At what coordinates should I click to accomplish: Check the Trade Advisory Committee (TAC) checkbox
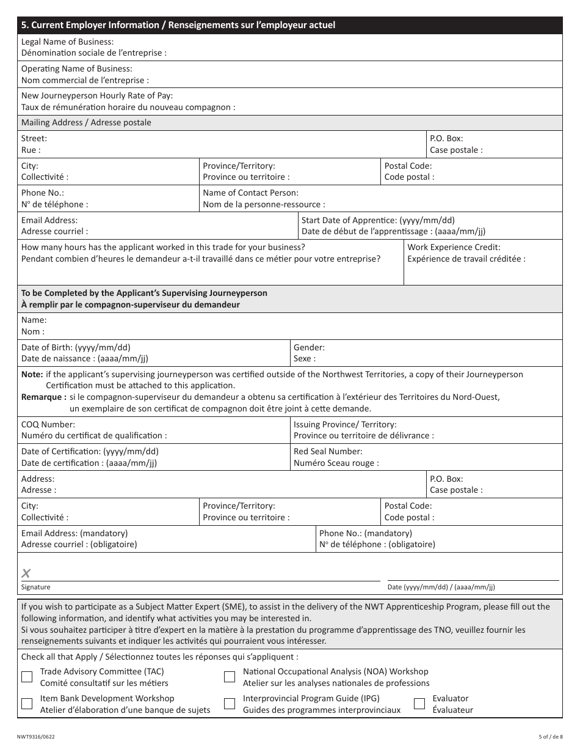pyautogui.click(x=27, y=677)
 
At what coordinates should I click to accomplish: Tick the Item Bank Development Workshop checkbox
pyautogui.click(x=27, y=704)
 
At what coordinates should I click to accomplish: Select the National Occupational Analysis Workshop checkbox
pyautogui.click(x=230, y=677)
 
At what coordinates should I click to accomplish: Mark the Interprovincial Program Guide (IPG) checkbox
pyautogui.click(x=230, y=704)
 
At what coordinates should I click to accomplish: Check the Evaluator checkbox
pyautogui.click(x=419, y=704)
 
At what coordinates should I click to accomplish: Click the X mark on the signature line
pyautogui.click(x=26, y=573)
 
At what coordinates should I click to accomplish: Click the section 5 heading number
pyautogui.click(x=24, y=25)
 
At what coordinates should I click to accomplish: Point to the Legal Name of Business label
pyautogui.click(x=67, y=42)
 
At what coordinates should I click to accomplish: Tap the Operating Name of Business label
pyautogui.click(x=76, y=68)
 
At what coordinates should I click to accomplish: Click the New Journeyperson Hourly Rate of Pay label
pyautogui.click(x=96, y=95)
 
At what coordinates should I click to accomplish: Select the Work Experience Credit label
pyautogui.click(x=454, y=247)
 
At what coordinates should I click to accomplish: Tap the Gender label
pyautogui.click(x=309, y=347)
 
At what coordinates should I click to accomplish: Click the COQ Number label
pyautogui.click(x=48, y=424)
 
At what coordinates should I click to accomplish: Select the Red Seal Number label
pyautogui.click(x=328, y=451)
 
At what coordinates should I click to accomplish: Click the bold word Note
pyautogui.click(x=32, y=374)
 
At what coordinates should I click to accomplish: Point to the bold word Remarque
pyautogui.click(x=43, y=397)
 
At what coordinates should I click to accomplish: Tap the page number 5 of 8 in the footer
pyautogui.click(x=548, y=737)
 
